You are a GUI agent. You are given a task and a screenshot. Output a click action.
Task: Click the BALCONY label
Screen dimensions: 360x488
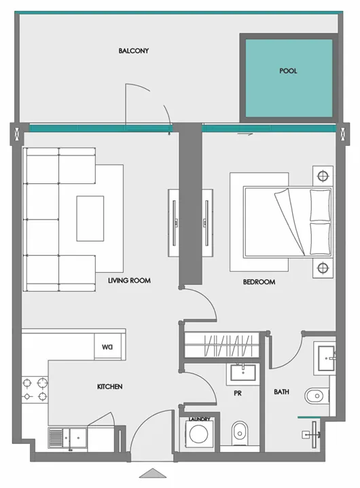(134, 51)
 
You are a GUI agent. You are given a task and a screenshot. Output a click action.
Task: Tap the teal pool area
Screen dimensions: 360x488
(289, 78)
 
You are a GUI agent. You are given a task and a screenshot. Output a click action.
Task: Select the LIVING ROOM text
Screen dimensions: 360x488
(129, 280)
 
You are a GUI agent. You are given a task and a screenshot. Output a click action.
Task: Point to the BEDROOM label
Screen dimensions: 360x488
(259, 282)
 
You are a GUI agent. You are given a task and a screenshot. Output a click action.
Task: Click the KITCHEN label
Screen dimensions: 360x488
(109, 387)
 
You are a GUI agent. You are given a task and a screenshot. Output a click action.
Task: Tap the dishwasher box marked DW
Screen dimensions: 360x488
(107, 347)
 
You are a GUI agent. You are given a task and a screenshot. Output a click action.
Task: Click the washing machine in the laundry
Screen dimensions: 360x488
(199, 434)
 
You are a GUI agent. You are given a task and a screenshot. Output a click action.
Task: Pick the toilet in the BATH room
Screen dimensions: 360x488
(317, 396)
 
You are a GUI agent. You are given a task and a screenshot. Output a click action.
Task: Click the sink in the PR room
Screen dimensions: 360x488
(243, 373)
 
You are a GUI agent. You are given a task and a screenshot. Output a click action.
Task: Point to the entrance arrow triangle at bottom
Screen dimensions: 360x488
(153, 473)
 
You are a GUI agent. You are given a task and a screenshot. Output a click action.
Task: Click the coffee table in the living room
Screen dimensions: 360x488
(90, 219)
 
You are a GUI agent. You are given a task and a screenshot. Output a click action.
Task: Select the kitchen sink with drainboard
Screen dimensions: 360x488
(67, 438)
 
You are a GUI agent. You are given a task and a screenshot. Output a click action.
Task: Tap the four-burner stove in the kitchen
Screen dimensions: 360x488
(35, 390)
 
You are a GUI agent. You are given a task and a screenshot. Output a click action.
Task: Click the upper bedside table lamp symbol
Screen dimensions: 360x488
(323, 176)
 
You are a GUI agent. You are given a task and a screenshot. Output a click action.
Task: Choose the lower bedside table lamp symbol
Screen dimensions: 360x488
(323, 267)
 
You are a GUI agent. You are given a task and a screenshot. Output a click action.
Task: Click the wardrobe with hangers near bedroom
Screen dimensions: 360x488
(221, 345)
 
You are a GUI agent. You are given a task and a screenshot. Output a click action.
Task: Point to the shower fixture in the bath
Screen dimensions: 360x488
(311, 435)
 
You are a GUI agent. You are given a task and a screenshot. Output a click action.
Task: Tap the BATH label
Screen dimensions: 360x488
(281, 392)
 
